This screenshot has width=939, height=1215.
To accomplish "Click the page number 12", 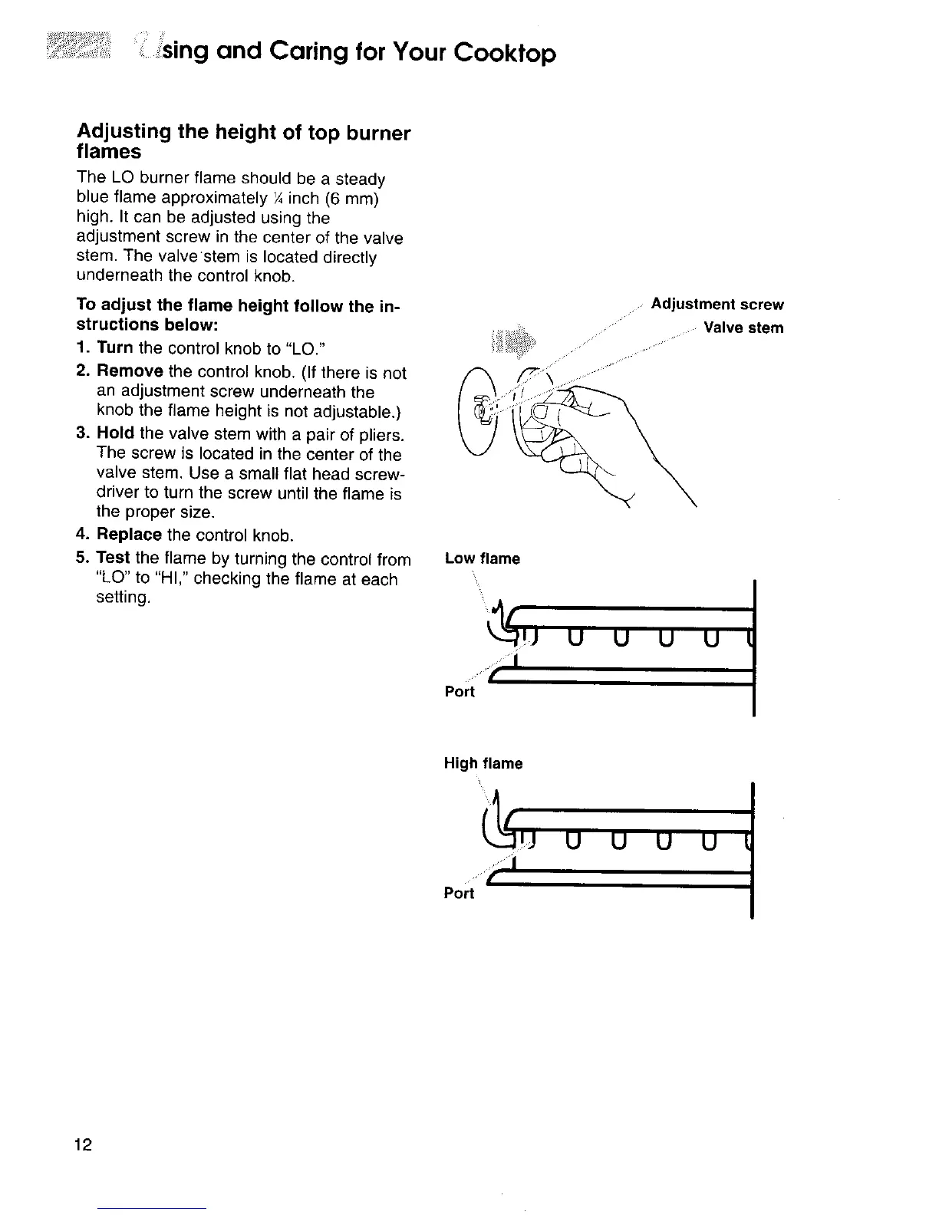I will click(x=84, y=1145).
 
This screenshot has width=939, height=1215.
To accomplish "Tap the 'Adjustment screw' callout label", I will click(x=717, y=305).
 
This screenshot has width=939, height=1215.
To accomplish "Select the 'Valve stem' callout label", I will click(x=743, y=328).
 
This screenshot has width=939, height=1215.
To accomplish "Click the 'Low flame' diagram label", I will click(x=482, y=558).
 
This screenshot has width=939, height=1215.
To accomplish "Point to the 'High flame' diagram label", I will click(x=483, y=763).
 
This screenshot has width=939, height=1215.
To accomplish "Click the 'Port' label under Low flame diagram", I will click(x=460, y=692).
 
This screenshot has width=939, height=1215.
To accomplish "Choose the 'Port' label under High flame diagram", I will click(x=459, y=894).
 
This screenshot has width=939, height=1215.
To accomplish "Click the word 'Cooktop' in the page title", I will click(x=503, y=53).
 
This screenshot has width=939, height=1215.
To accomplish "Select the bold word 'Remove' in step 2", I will click(x=130, y=372).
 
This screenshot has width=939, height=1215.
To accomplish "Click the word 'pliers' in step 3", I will click(x=380, y=436).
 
